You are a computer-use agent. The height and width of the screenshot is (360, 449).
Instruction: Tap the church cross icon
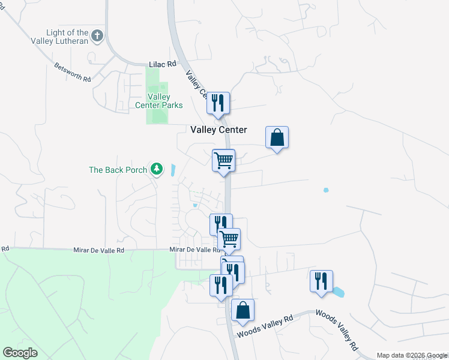(98, 36)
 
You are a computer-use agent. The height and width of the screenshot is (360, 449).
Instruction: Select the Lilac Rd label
(163, 63)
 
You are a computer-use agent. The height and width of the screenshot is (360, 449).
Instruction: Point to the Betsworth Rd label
(72, 72)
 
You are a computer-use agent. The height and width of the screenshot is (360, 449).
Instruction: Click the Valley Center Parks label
(159, 101)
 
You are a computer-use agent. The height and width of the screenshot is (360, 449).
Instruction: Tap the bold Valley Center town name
(218, 130)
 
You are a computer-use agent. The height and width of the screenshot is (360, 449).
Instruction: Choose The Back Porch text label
(118, 170)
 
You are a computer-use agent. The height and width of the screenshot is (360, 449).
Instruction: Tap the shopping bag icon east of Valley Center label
(277, 137)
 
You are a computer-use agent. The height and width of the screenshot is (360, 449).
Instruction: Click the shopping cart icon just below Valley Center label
(223, 160)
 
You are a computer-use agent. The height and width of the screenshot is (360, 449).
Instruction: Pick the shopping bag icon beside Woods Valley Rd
(243, 311)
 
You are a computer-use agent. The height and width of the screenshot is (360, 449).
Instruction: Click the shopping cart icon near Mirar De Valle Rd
(229, 239)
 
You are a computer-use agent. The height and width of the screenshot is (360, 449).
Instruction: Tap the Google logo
(20, 353)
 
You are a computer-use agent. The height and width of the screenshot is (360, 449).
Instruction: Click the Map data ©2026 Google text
(411, 355)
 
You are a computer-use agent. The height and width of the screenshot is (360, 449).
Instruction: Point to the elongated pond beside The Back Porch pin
(173, 170)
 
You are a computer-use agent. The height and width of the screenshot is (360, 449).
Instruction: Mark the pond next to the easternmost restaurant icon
(338, 293)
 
